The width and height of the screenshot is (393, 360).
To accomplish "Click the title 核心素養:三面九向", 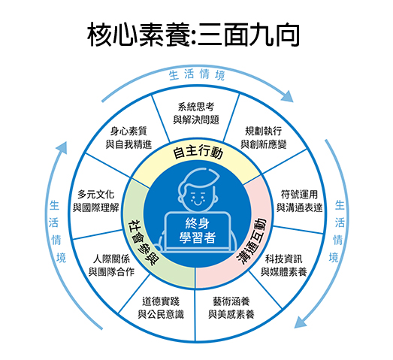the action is click(193, 35).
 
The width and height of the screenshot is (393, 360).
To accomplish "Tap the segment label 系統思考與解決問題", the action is click(196, 113).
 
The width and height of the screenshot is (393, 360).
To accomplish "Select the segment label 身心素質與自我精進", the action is click(128, 138).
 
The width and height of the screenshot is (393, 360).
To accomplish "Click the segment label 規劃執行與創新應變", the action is click(264, 138).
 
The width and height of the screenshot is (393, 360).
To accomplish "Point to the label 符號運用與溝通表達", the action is click(299, 201).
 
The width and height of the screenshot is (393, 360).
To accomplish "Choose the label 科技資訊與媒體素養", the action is click(284, 265).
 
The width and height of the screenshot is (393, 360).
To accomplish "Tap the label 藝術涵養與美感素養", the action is click(231, 308).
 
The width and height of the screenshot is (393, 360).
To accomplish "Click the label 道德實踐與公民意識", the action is click(161, 308).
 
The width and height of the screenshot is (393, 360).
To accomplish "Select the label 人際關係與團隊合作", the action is click(111, 265).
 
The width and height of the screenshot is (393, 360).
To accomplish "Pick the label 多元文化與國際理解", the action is click(95, 201).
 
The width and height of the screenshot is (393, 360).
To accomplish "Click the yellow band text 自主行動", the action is click(198, 153).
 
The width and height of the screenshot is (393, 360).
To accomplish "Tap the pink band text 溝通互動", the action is click(252, 241).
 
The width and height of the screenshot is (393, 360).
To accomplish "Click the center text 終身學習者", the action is click(198, 231).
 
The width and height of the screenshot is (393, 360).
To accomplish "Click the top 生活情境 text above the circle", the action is click(197, 74).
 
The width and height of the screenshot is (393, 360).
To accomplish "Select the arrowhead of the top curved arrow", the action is click(287, 96).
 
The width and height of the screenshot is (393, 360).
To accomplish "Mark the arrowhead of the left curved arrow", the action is click(62, 148).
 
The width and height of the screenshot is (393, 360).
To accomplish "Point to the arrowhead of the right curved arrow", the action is click(301, 322).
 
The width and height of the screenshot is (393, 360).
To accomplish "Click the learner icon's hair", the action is click(198, 175).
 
